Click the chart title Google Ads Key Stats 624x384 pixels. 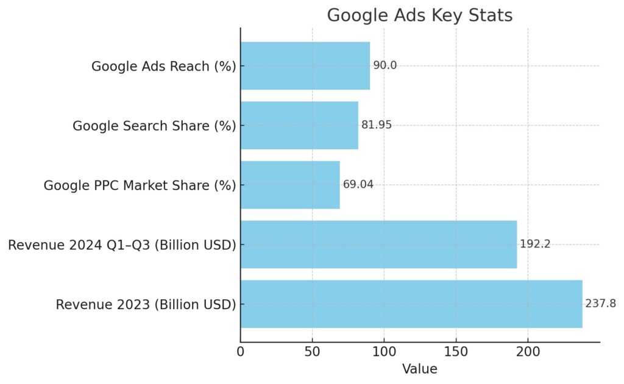point(420,15)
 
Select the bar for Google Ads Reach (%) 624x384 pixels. point(305,66)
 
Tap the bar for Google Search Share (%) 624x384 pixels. point(299,126)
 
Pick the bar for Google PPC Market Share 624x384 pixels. point(290,185)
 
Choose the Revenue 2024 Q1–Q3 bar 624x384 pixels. point(378,244)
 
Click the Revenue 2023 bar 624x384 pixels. point(411,304)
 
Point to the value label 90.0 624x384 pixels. point(385,66)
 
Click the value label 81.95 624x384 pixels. point(376,126)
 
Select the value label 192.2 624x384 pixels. point(535,244)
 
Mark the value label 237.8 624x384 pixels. point(600,304)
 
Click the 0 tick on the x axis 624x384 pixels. point(241,352)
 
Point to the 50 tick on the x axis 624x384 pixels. point(312,352)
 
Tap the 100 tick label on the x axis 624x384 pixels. point(384,352)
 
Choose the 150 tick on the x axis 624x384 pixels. point(456,352)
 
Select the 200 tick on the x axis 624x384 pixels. point(528,352)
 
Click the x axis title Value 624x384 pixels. point(419,369)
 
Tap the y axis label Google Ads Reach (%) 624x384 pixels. point(163,66)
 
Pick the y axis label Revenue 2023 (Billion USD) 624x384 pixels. point(146,305)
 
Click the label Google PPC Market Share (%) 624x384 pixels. point(140,186)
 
